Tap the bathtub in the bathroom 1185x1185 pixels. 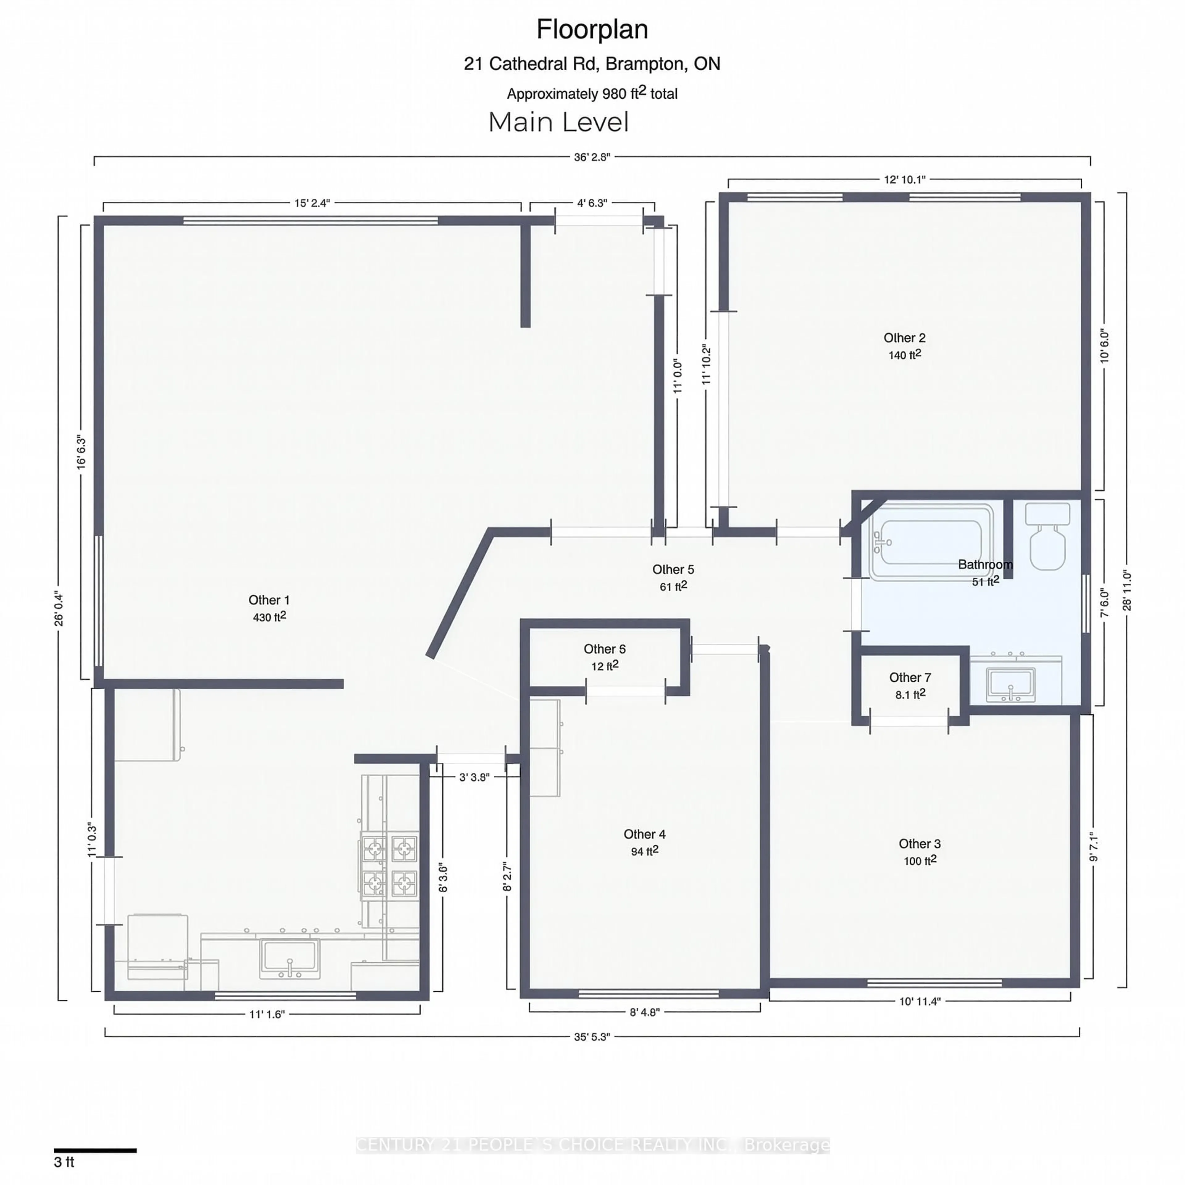coord(931,542)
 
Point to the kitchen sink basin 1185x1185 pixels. coord(290,957)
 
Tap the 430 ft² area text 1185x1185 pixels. coord(269,617)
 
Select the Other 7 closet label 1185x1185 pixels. coord(910,678)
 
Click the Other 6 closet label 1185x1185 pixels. coord(605,649)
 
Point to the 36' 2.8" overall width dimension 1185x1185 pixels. coord(592,157)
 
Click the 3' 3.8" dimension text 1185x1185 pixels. coord(474,777)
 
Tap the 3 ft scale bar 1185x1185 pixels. coord(95,1151)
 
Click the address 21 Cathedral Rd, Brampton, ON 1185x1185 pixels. coord(592,64)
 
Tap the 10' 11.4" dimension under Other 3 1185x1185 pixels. coord(919,1001)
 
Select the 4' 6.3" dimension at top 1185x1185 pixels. coord(592,203)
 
